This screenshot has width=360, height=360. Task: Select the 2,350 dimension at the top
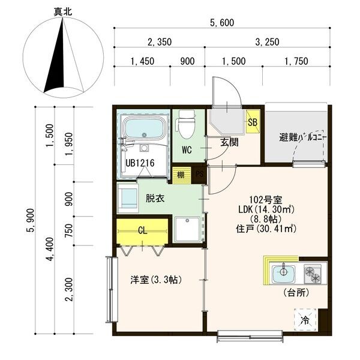(x=159, y=42)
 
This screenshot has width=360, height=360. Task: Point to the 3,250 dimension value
(x=266, y=42)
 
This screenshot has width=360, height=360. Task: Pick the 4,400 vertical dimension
(x=50, y=249)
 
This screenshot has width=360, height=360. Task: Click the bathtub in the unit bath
(x=144, y=128)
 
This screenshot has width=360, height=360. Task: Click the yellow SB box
(x=252, y=121)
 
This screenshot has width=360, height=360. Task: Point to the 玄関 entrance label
(x=229, y=142)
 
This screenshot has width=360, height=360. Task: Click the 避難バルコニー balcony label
(x=295, y=136)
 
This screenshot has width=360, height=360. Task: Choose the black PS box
(x=200, y=175)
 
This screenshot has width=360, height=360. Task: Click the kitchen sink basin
(x=282, y=274)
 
